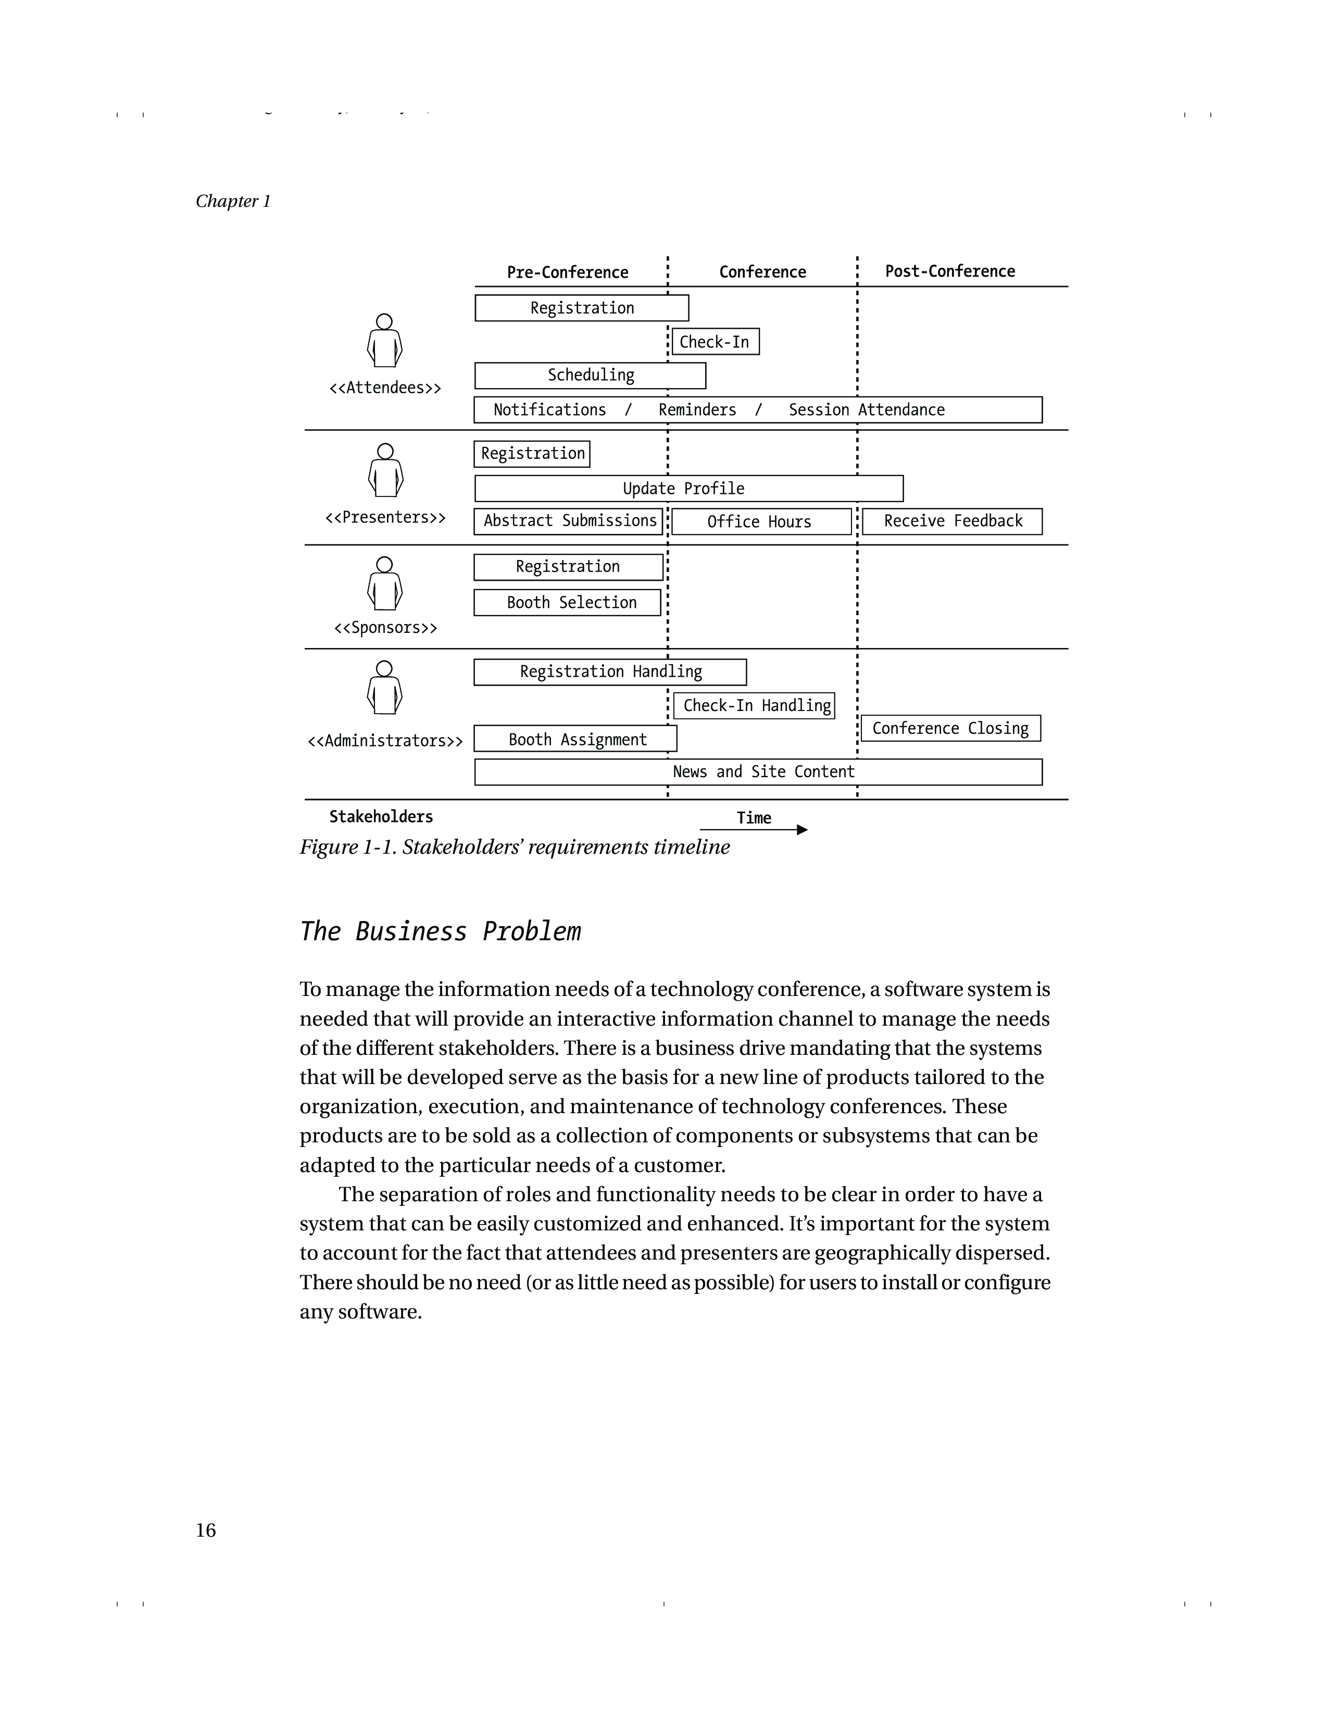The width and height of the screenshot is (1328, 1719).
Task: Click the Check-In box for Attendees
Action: click(x=715, y=342)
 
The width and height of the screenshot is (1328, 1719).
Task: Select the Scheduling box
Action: click(x=590, y=376)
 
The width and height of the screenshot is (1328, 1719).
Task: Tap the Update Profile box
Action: click(x=688, y=488)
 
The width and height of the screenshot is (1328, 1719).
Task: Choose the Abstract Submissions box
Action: click(x=568, y=521)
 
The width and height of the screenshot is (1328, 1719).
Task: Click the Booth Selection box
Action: click(x=567, y=602)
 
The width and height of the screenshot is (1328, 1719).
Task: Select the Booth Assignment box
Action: click(x=575, y=739)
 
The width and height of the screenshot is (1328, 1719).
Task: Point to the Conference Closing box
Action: click(x=950, y=728)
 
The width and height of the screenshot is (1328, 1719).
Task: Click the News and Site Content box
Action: click(x=758, y=771)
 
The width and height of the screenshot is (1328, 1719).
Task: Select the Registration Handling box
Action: click(x=610, y=671)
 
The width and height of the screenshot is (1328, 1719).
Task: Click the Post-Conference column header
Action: click(x=949, y=271)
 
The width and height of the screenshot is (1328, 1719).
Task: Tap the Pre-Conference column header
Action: click(x=567, y=272)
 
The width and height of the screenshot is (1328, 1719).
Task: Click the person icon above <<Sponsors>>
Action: click(x=385, y=583)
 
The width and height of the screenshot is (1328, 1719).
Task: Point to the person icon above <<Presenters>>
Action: click(x=385, y=471)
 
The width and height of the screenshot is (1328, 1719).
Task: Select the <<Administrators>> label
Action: click(x=385, y=741)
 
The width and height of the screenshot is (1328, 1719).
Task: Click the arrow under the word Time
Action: click(x=754, y=830)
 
